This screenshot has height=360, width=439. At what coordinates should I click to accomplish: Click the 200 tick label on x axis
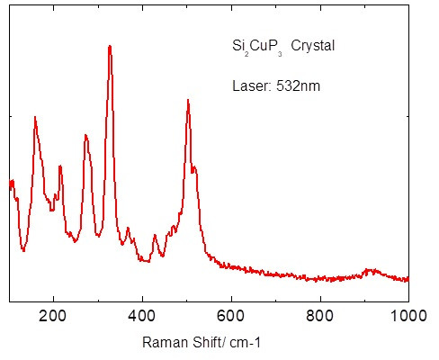[x=54, y=315]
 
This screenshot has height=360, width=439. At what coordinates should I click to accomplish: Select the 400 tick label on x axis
[x=142, y=315]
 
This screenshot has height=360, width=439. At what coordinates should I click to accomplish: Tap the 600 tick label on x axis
[x=231, y=315]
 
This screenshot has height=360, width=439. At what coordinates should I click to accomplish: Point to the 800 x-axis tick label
[x=320, y=315]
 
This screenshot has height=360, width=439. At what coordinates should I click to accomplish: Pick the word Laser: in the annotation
[x=249, y=86]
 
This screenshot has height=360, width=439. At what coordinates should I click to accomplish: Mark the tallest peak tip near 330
[x=110, y=46]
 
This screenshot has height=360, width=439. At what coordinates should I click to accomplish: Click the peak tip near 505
[x=188, y=100]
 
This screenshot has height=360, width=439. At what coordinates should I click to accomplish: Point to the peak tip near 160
[x=35, y=117]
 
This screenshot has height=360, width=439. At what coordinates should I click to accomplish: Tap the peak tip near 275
[x=85, y=135]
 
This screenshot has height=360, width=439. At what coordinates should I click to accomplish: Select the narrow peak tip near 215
[x=60, y=166]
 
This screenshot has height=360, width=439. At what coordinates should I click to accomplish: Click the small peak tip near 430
[x=156, y=235]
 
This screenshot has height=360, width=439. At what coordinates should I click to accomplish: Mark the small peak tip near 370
[x=129, y=228]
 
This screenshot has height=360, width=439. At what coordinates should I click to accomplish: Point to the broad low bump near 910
[x=368, y=269]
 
